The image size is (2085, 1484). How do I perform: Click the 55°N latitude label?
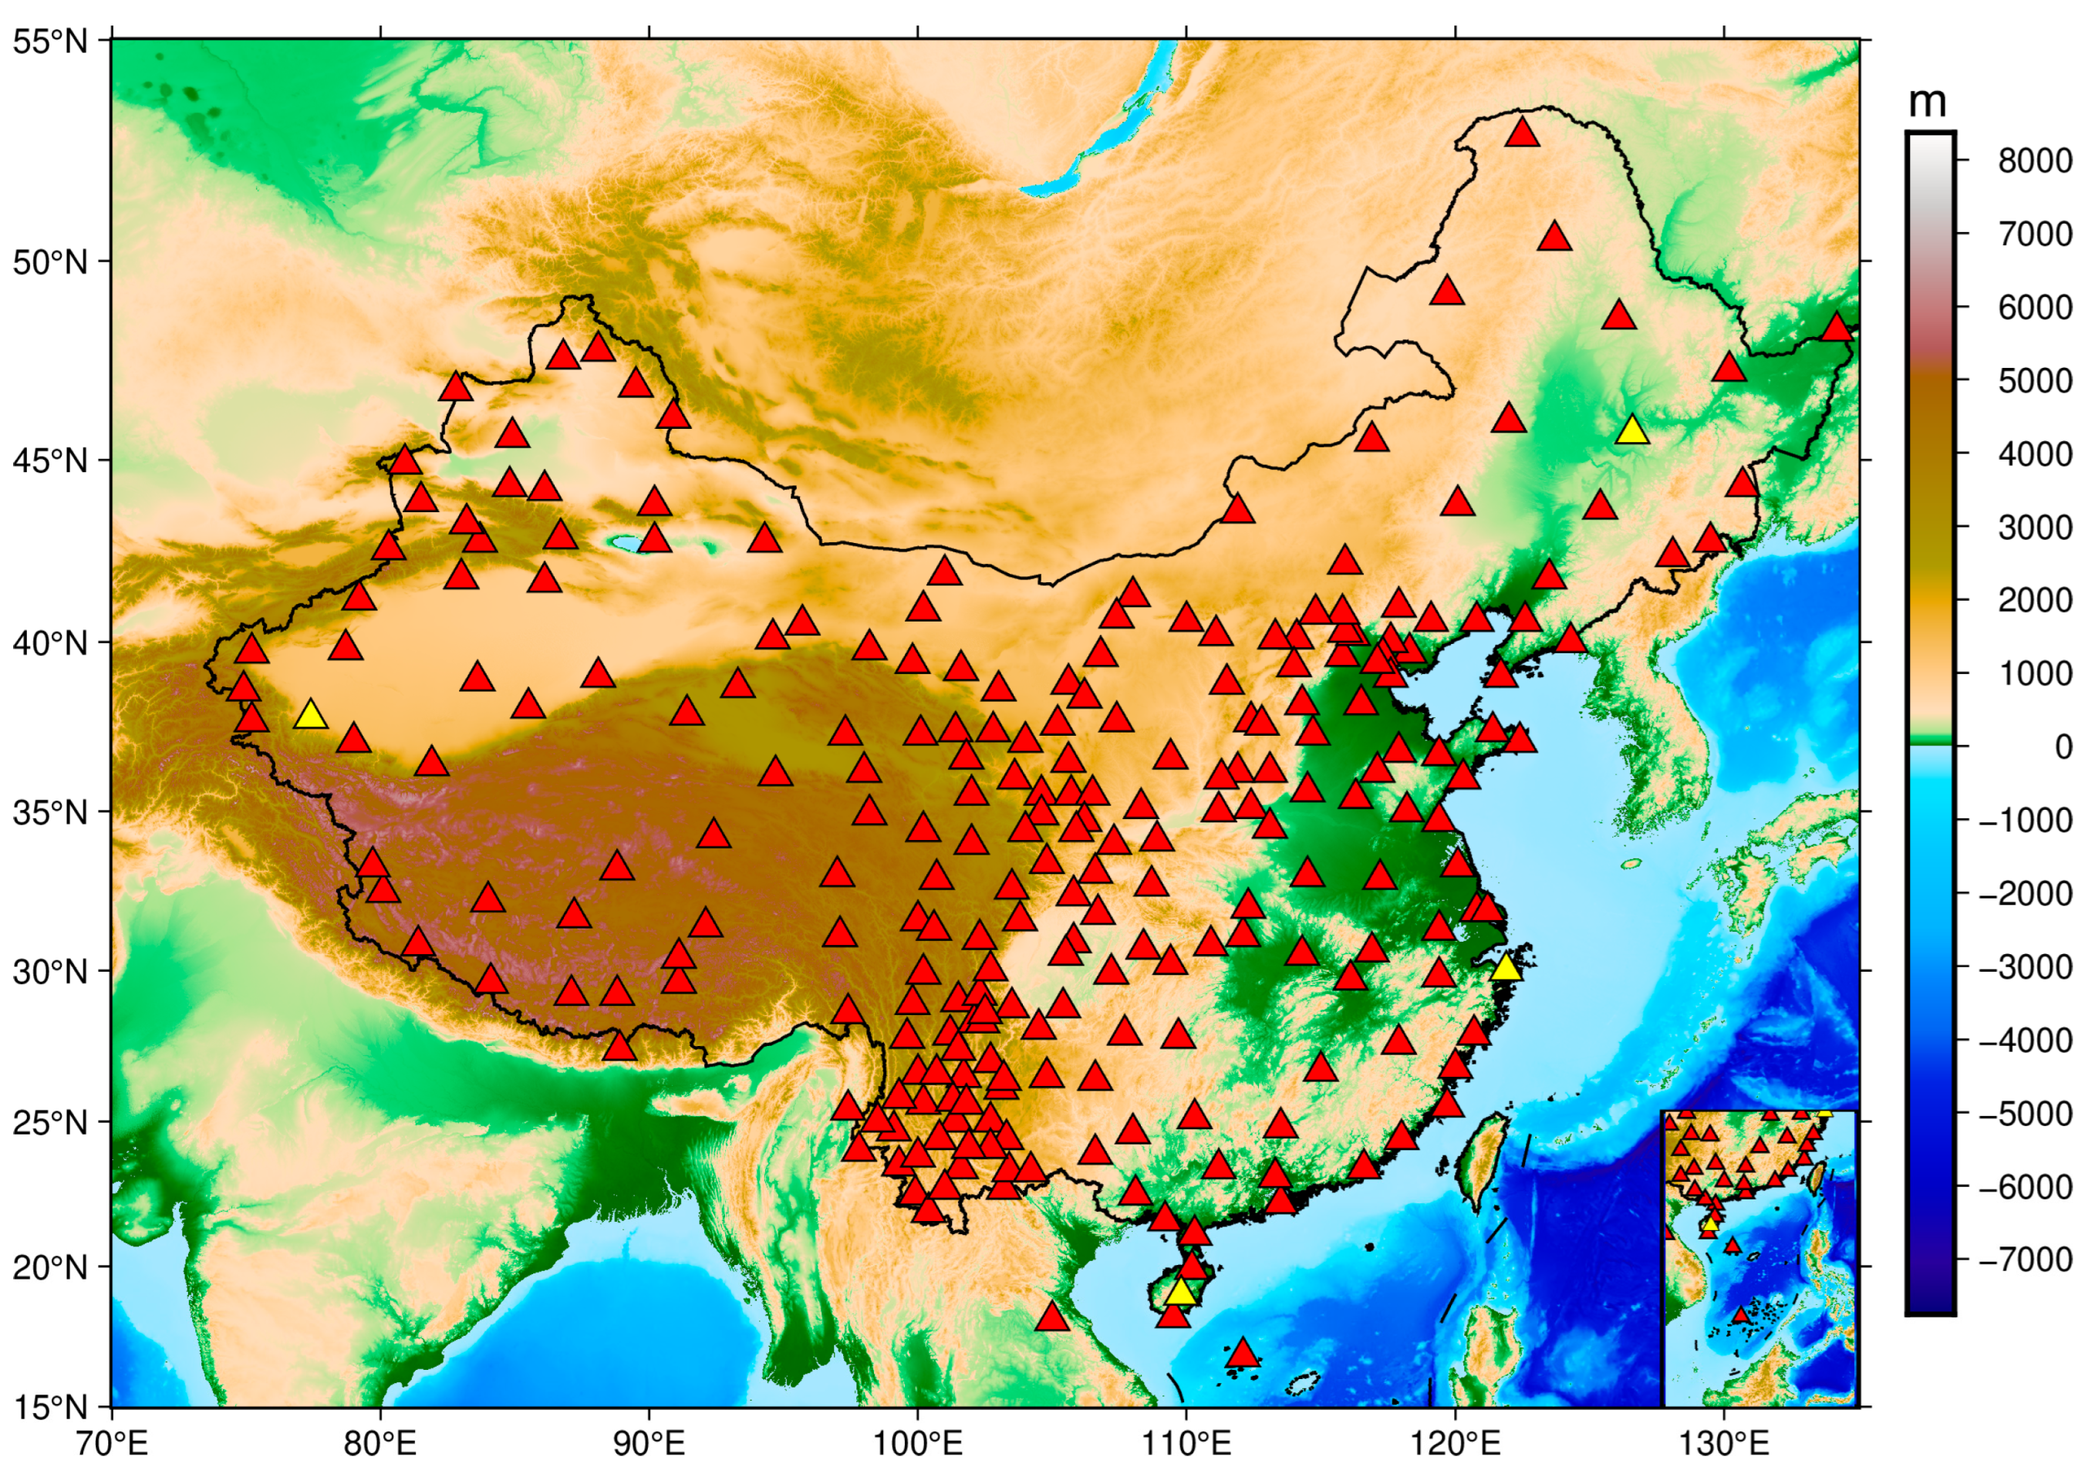tap(49, 41)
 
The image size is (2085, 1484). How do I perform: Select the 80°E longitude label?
tap(380, 1444)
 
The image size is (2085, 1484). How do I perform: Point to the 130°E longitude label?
tap(1723, 1444)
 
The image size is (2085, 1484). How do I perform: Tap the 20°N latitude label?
tap(49, 1267)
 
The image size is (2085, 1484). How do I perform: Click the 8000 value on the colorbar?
tap(2035, 162)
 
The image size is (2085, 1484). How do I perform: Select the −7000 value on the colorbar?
tap(2026, 1260)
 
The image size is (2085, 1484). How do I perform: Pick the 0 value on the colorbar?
tap(2062, 747)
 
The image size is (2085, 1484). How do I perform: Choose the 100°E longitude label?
tap(917, 1444)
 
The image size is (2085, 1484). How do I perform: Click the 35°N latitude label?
tap(49, 811)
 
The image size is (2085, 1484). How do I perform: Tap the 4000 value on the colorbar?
tap(2035, 454)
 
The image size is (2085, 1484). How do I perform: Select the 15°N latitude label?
tap(49, 1407)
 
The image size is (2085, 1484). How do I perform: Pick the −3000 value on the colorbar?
tap(2026, 966)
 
